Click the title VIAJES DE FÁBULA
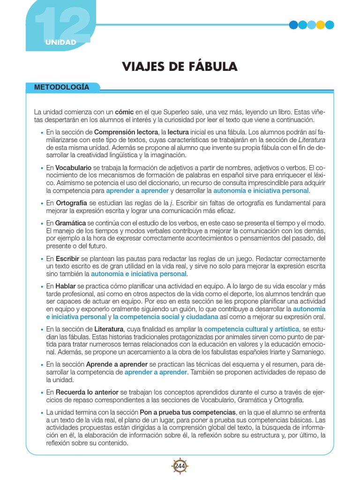180,67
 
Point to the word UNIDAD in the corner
60,43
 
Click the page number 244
180,466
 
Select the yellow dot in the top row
321,25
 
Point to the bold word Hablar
66,285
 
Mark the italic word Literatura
312,140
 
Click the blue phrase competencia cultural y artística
252,329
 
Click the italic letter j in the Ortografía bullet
172,203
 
